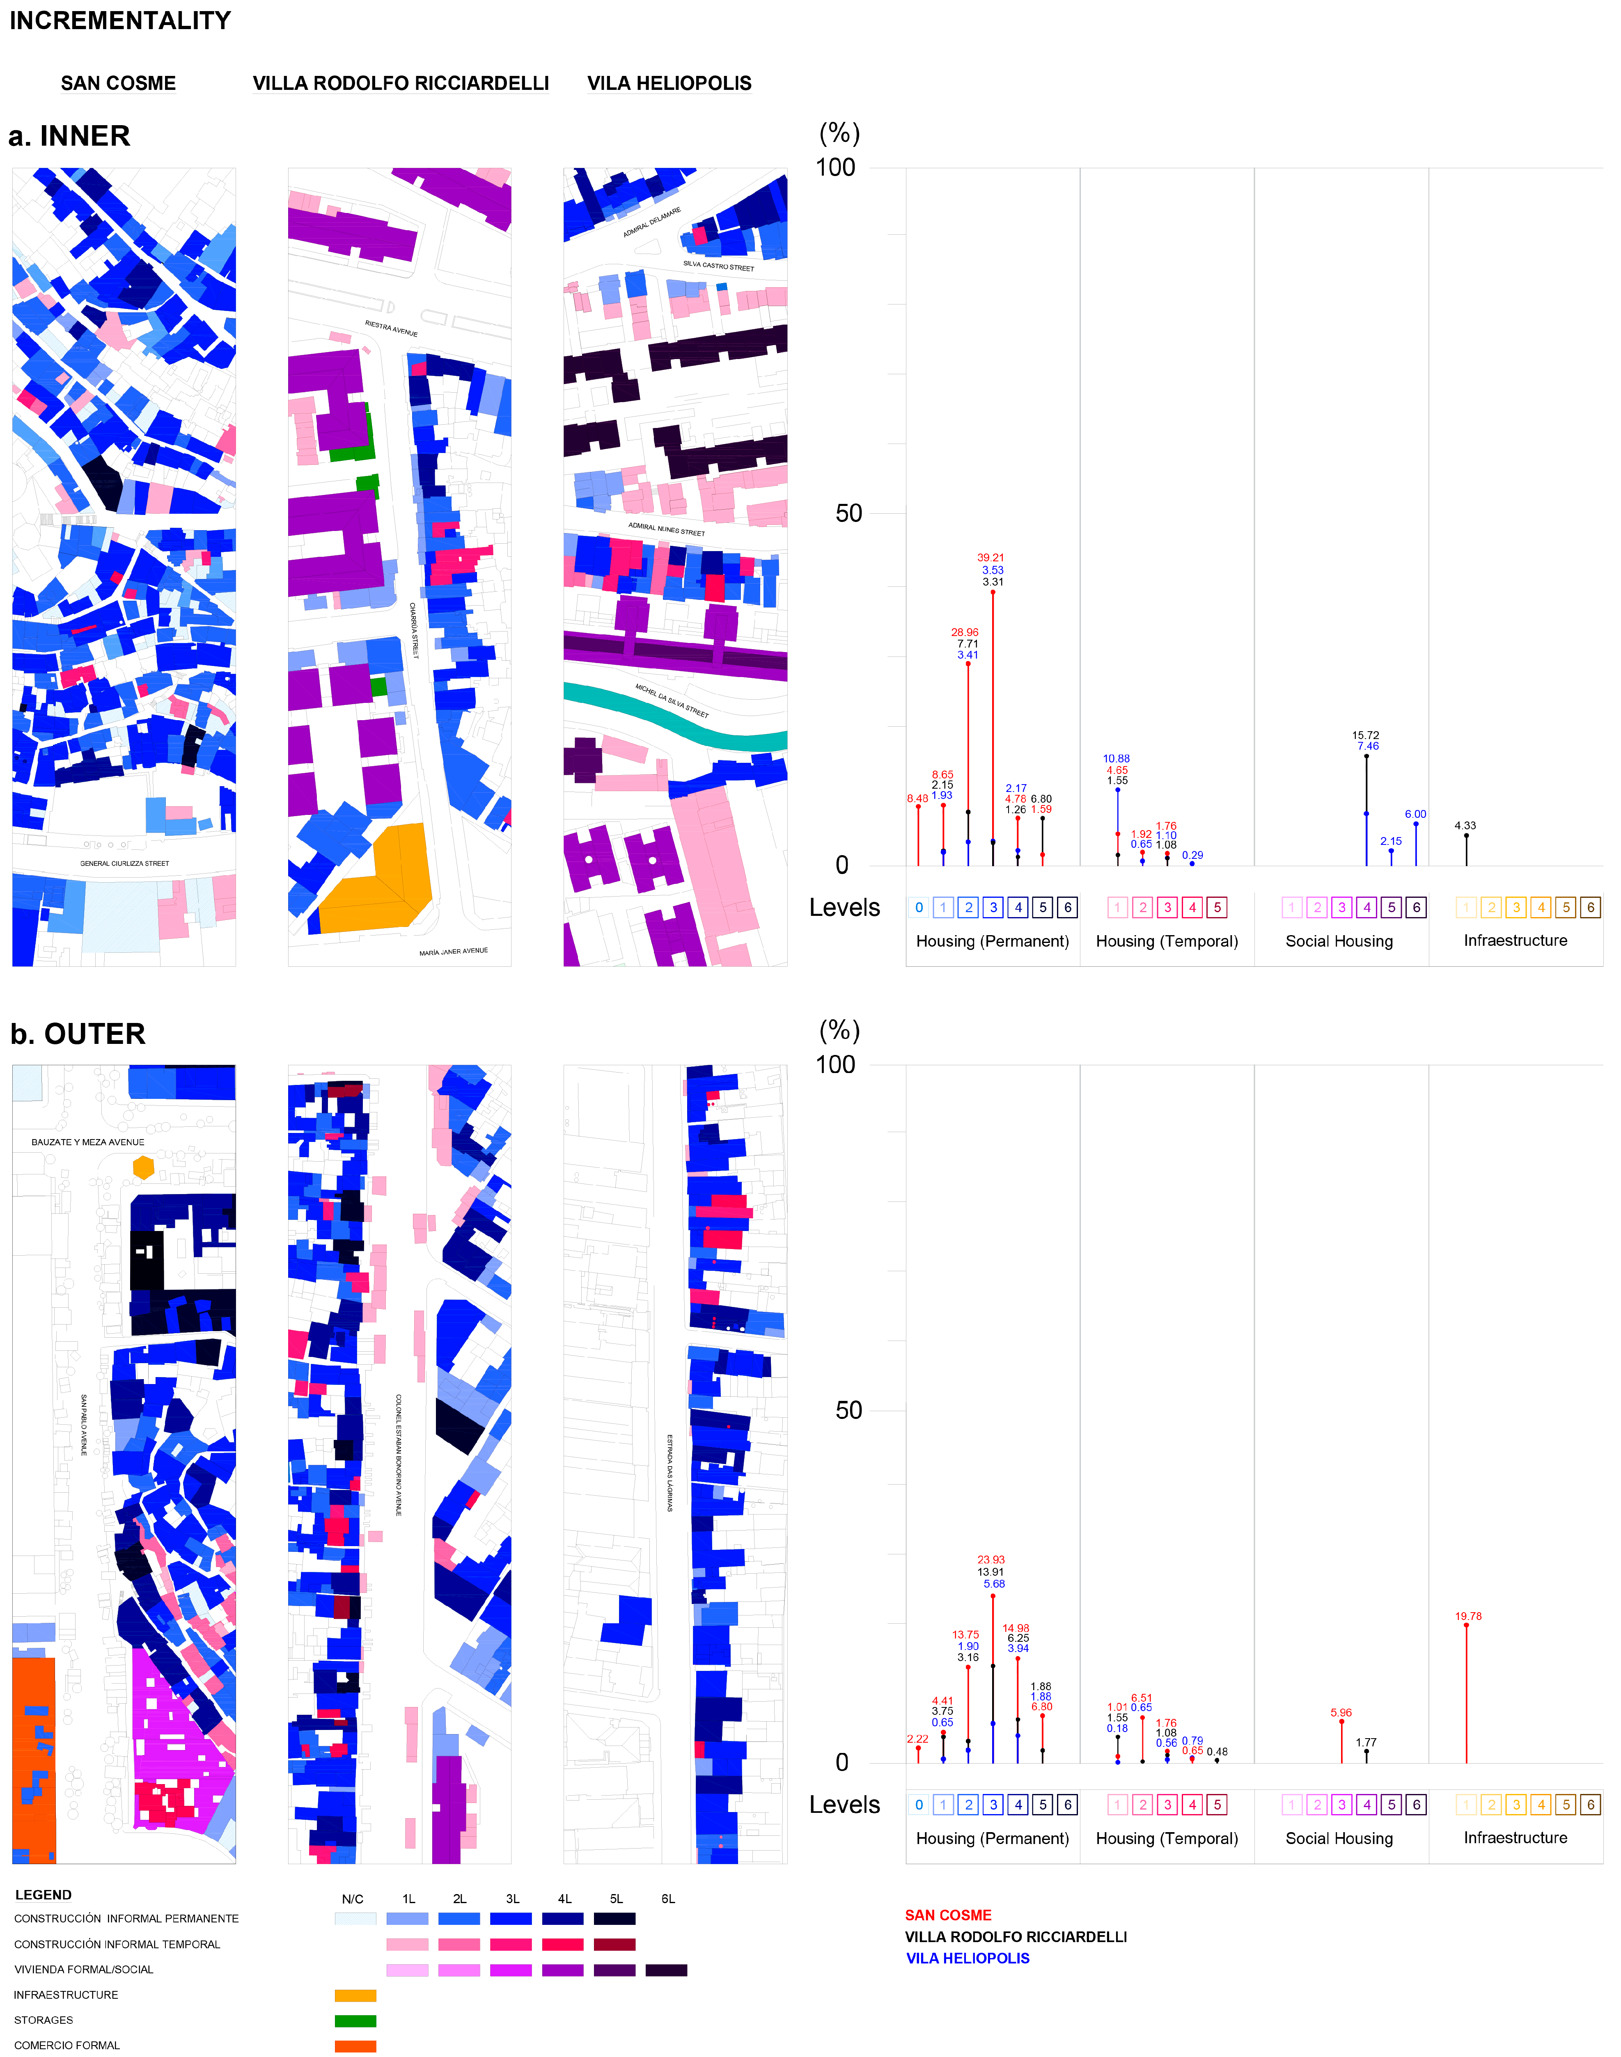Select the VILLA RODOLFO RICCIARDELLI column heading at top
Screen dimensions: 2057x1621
(401, 83)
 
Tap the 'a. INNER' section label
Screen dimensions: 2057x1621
(69, 137)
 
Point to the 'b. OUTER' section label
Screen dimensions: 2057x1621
(78, 1034)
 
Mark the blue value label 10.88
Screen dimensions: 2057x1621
(1116, 759)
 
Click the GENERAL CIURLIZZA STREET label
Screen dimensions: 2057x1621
(124, 863)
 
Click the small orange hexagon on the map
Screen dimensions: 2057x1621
(143, 1167)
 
